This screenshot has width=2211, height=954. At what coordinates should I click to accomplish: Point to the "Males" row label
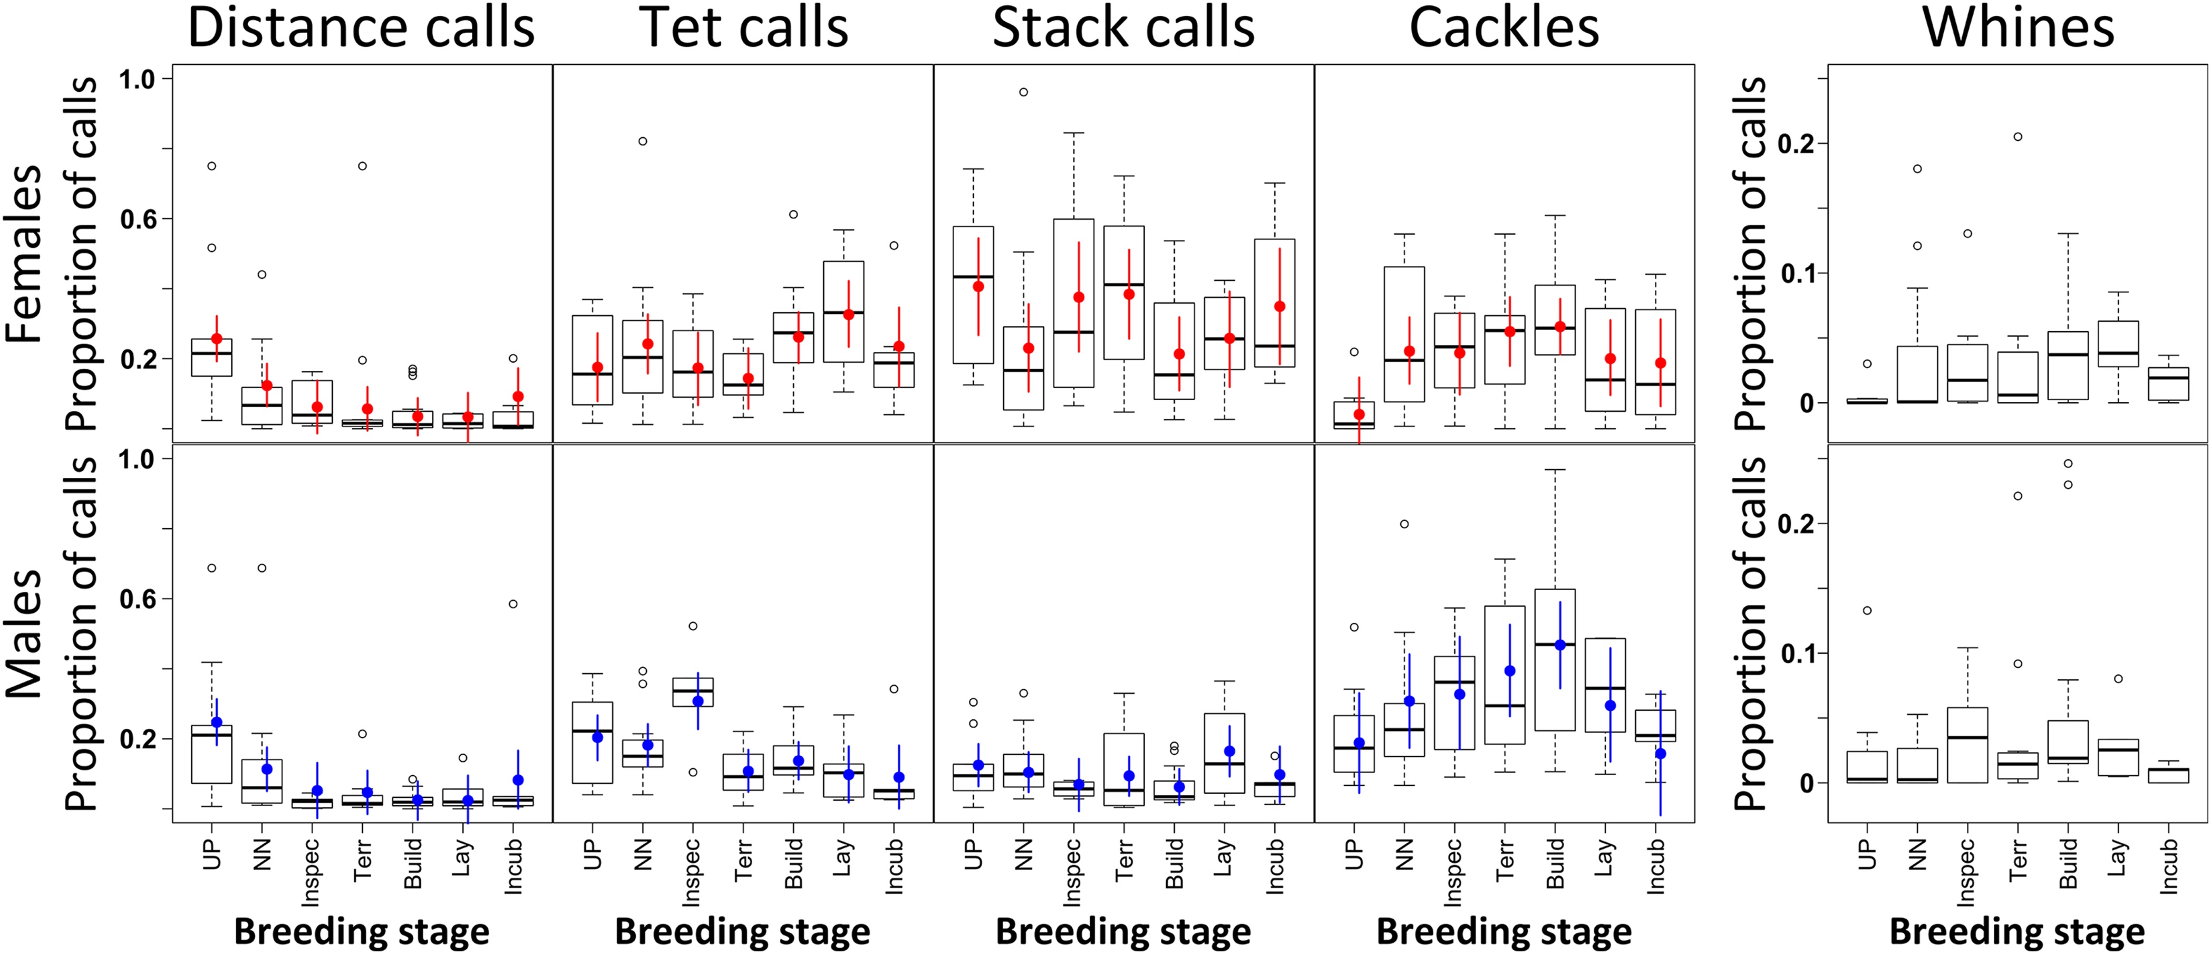tap(24, 634)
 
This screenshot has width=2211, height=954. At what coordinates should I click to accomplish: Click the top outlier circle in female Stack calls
tap(1023, 92)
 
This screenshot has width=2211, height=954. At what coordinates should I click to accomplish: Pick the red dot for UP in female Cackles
tap(1359, 415)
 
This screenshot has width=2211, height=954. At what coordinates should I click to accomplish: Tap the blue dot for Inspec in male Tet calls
tap(698, 701)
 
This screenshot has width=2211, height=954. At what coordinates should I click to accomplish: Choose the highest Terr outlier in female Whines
tap(2018, 137)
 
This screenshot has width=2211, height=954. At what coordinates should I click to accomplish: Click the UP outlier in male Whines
tap(1867, 611)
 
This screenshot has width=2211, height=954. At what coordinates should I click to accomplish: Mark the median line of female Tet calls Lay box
tap(843, 313)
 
